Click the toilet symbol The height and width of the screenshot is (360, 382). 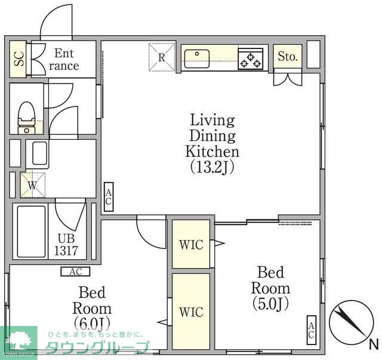tap(26, 118)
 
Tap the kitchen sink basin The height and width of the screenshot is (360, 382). tap(197, 59)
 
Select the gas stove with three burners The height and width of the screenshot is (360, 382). tap(251, 59)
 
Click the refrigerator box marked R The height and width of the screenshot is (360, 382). tap(162, 57)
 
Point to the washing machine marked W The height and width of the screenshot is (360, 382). tap(33, 185)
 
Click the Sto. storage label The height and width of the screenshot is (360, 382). tap(288, 57)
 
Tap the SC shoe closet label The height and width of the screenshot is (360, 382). tap(19, 59)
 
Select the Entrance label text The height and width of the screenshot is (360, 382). tap(64, 60)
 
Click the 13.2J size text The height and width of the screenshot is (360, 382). tap(212, 167)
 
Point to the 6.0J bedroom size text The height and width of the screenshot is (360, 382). tap(92, 323)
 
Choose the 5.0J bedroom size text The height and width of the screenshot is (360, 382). tap(270, 303)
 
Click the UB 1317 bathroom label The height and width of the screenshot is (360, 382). tap(66, 244)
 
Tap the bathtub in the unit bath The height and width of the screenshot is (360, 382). tap(32, 231)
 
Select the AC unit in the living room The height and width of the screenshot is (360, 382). tap(109, 197)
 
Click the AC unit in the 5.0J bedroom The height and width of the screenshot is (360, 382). tap(312, 330)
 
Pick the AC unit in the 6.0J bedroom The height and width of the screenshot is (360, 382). tap(76, 272)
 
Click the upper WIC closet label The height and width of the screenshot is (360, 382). tap(191, 245)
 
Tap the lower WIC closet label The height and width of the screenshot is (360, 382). tap(191, 312)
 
